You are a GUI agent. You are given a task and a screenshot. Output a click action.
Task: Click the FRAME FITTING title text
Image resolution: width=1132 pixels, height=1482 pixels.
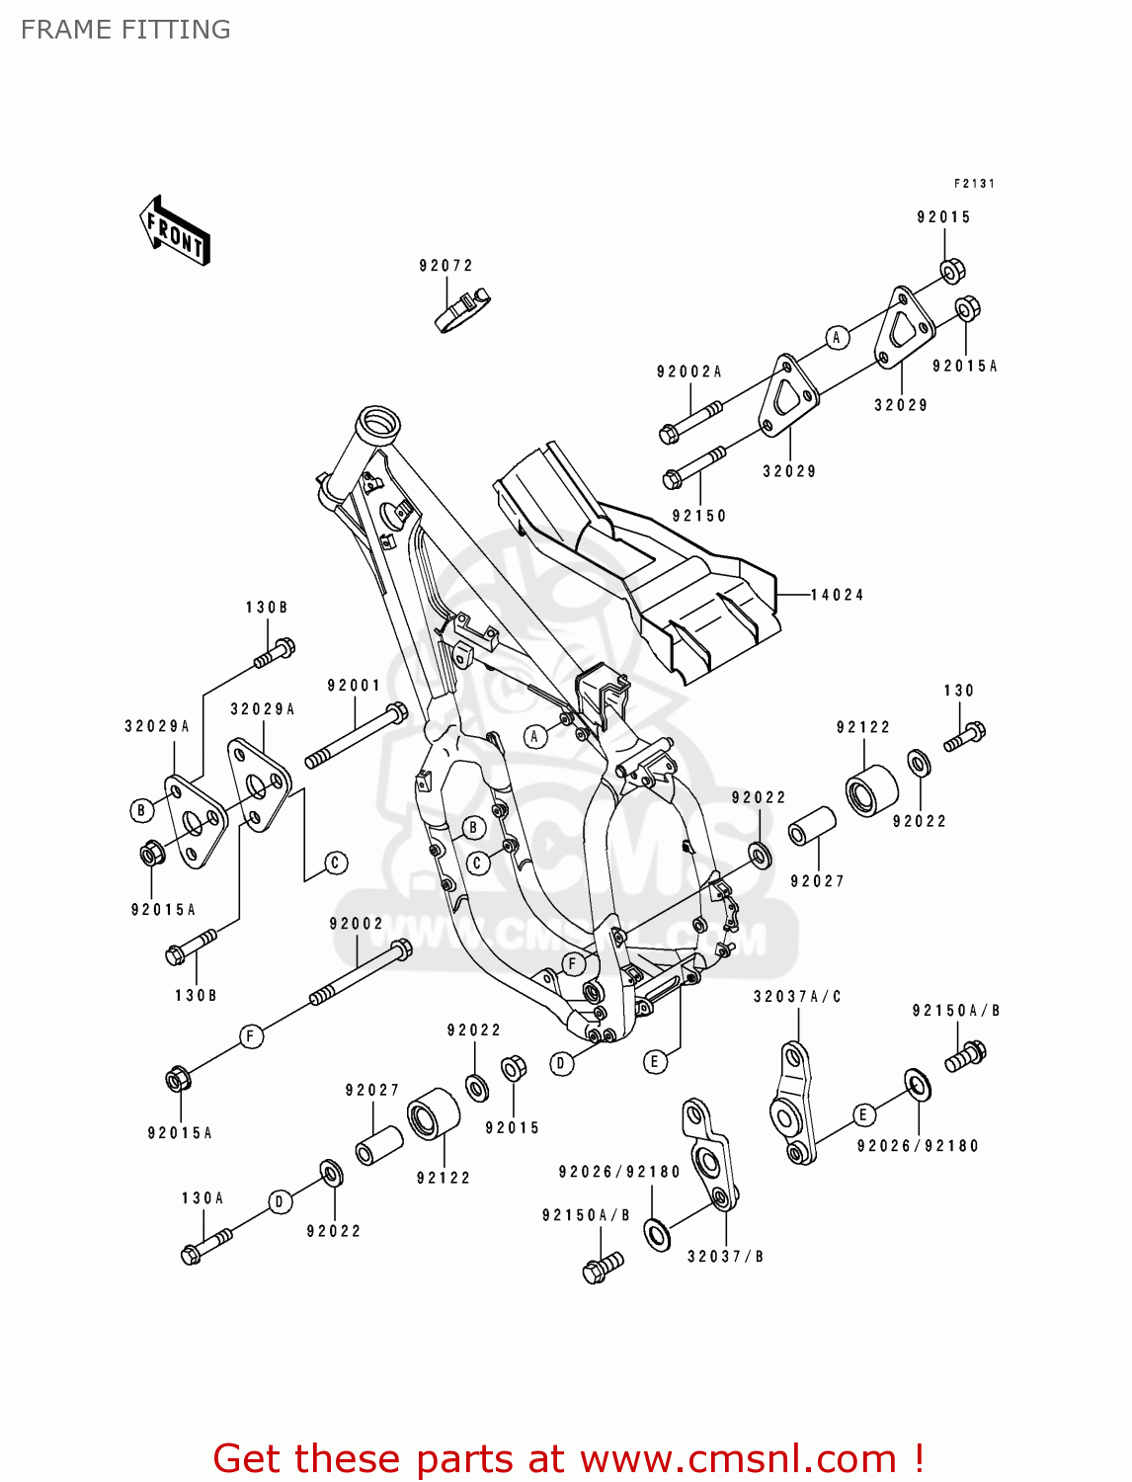click(x=125, y=30)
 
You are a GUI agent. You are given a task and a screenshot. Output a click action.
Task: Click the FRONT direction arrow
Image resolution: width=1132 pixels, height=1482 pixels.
click(x=175, y=231)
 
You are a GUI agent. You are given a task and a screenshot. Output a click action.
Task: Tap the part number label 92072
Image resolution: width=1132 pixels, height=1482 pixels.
click(x=445, y=266)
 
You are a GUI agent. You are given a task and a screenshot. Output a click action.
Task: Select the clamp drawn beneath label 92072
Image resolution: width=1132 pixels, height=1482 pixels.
click(x=463, y=310)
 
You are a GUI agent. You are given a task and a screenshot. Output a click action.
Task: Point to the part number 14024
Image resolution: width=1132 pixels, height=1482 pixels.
click(x=837, y=595)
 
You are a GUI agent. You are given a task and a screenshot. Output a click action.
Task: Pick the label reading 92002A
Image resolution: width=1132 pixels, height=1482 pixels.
click(x=688, y=372)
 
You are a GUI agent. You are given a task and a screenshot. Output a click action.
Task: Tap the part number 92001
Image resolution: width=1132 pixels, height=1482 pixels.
click(x=354, y=686)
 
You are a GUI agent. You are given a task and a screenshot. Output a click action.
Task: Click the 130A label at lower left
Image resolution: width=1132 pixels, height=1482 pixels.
click(x=202, y=1198)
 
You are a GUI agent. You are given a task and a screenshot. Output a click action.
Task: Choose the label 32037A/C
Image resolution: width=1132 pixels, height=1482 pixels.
click(x=797, y=997)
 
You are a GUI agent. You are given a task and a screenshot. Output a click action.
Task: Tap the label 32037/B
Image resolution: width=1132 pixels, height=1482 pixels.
click(x=725, y=1257)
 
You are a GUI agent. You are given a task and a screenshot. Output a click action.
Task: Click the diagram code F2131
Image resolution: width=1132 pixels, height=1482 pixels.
click(x=974, y=184)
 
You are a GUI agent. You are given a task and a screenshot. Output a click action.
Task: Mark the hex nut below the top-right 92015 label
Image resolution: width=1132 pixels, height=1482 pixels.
click(x=950, y=270)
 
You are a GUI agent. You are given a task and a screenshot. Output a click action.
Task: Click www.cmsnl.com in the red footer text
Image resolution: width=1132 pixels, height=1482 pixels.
click(x=737, y=1458)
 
